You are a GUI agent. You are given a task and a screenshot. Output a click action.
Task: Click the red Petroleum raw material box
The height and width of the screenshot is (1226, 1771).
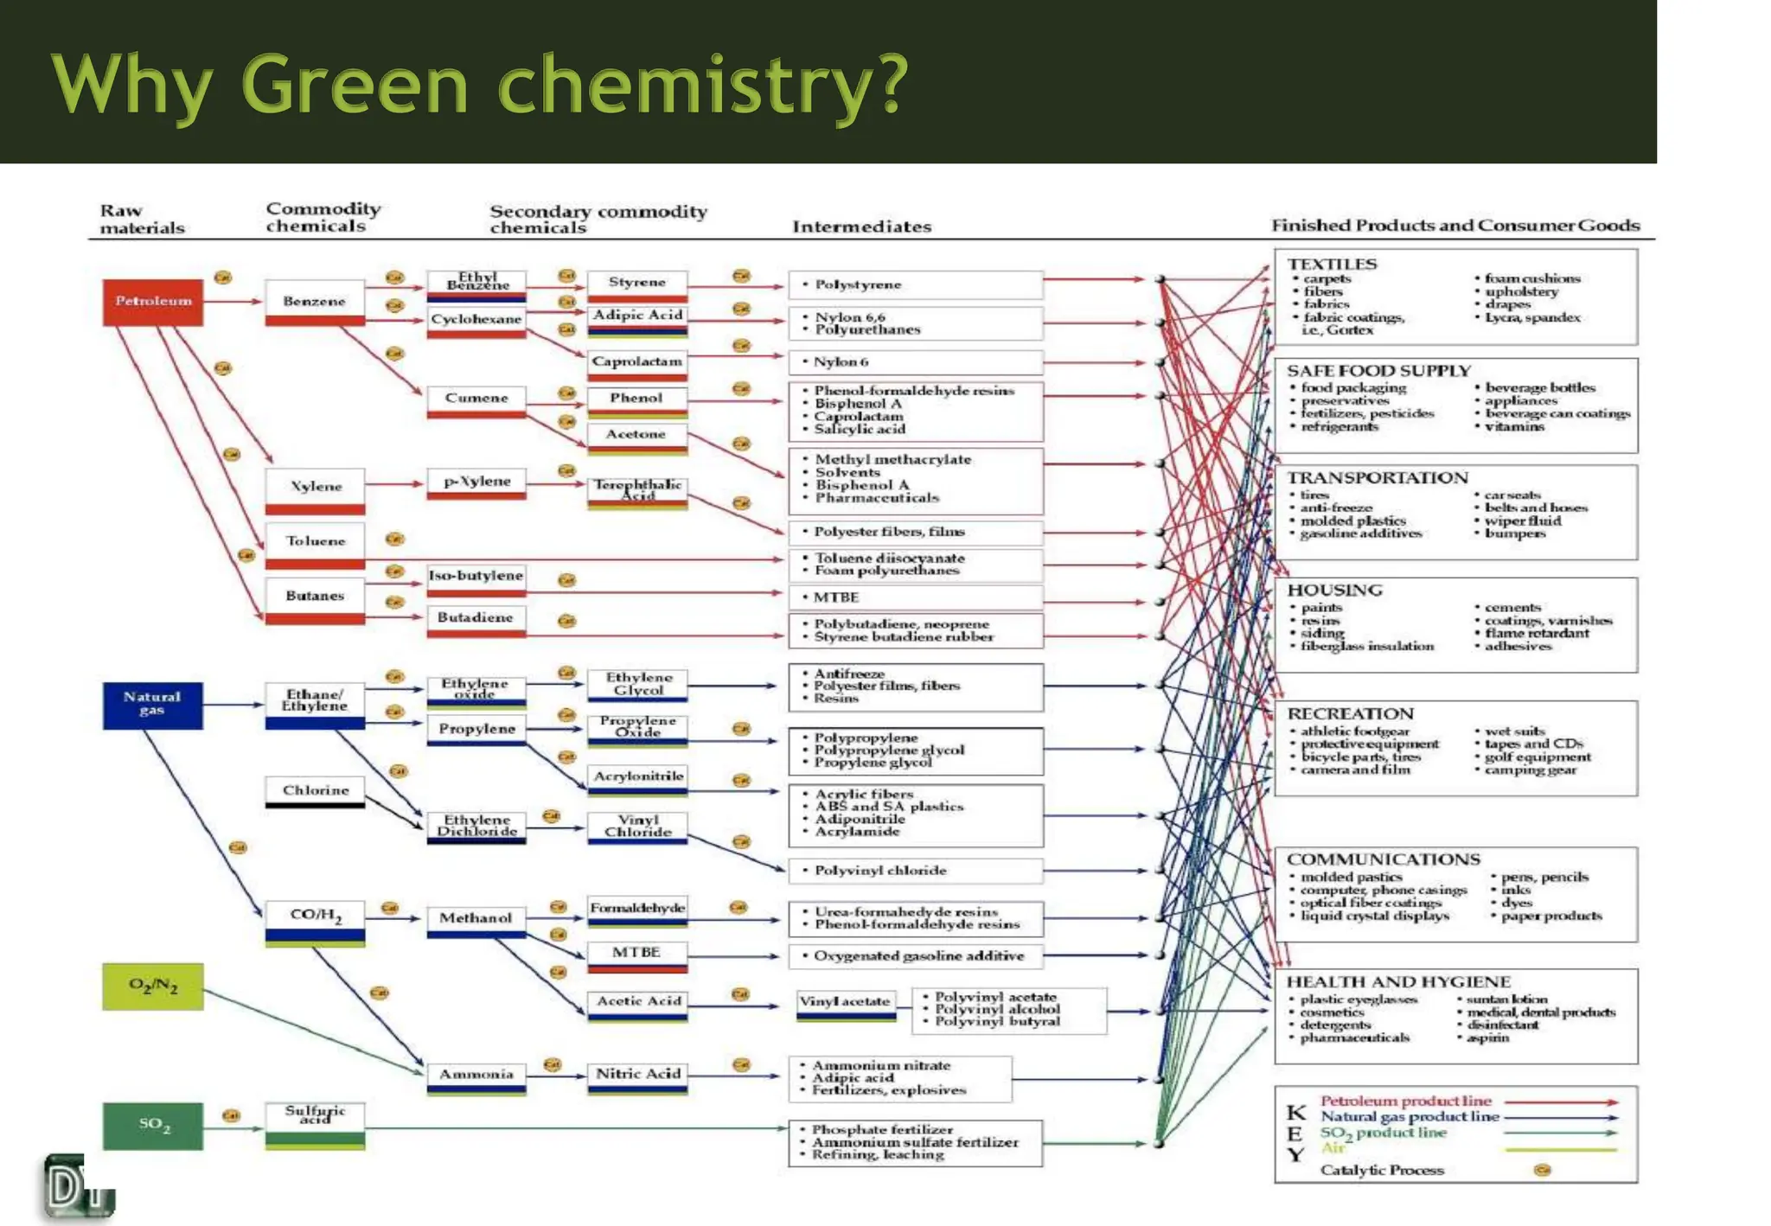point(153,302)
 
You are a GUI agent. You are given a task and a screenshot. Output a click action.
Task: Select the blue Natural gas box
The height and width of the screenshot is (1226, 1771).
point(153,705)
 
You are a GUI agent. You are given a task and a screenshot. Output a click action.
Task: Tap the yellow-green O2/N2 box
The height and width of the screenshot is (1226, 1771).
point(153,987)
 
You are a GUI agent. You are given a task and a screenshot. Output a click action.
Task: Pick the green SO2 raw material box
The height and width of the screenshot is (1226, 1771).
point(153,1126)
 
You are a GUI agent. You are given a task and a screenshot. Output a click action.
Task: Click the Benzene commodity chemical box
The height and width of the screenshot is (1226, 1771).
point(315,302)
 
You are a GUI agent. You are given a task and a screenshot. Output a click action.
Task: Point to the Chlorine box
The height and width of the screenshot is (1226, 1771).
point(315,791)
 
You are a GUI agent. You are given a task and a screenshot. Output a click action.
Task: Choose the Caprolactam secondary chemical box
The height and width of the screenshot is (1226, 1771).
point(637,363)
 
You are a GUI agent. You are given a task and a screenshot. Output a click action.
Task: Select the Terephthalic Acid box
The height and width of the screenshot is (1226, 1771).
point(637,490)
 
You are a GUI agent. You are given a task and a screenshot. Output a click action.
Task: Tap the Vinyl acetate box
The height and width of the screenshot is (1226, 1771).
point(846,1003)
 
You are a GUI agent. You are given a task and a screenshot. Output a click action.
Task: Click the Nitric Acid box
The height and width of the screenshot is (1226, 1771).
point(637,1076)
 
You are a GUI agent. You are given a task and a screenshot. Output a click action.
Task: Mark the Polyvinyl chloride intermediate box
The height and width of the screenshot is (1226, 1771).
point(915,871)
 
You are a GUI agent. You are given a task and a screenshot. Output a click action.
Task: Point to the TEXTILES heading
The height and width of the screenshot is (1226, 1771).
point(1332,264)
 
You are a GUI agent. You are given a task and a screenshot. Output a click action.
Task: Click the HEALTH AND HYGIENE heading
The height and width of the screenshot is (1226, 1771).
point(1398,981)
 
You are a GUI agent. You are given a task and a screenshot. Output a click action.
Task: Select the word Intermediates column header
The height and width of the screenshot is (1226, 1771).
point(861,227)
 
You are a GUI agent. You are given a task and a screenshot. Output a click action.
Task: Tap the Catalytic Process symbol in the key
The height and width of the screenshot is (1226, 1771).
point(1542,1170)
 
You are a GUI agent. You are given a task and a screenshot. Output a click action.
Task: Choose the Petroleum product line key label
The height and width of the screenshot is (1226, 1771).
point(1406,1101)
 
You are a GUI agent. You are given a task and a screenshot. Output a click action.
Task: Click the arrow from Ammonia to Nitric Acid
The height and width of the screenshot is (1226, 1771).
point(556,1076)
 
